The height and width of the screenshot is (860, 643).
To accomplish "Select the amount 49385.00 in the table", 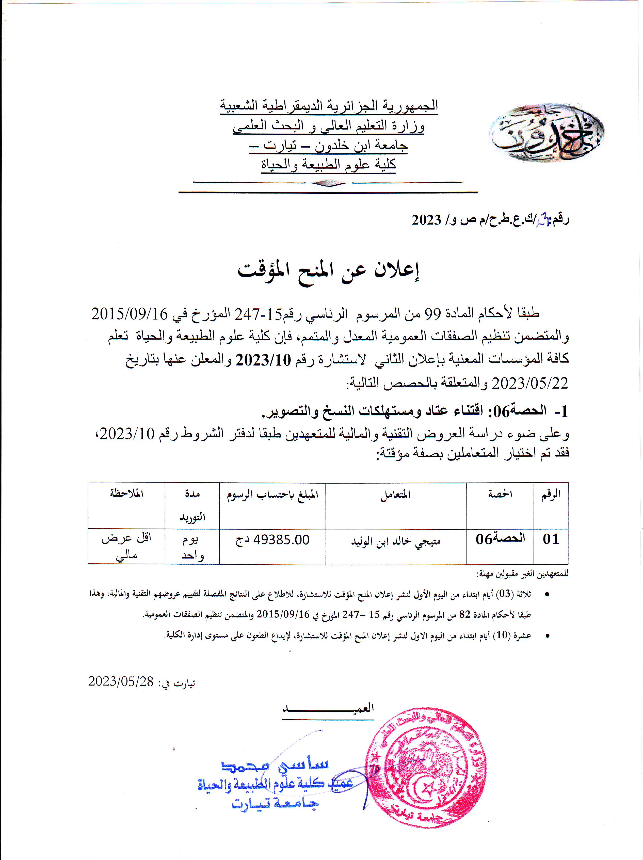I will pyautogui.click(x=281, y=540).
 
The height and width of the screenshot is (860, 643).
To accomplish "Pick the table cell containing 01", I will pyautogui.click(x=551, y=539).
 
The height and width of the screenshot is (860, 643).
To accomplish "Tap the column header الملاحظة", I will pyautogui.click(x=126, y=494).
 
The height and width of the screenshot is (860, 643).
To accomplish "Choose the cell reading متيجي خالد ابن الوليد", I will pyautogui.click(x=396, y=541).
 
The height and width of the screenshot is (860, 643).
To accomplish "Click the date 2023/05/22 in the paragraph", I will pyautogui.click(x=530, y=384).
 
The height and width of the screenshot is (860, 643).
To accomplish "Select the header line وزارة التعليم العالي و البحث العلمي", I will pyautogui.click(x=329, y=125).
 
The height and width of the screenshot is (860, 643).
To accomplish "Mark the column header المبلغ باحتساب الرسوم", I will pyautogui.click(x=272, y=495).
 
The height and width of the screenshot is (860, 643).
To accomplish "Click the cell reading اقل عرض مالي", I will pyautogui.click(x=126, y=546).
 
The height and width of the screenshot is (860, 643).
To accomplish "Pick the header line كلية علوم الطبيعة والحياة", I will pyautogui.click(x=329, y=165).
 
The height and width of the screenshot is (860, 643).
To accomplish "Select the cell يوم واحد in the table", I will pyautogui.click(x=192, y=547).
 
